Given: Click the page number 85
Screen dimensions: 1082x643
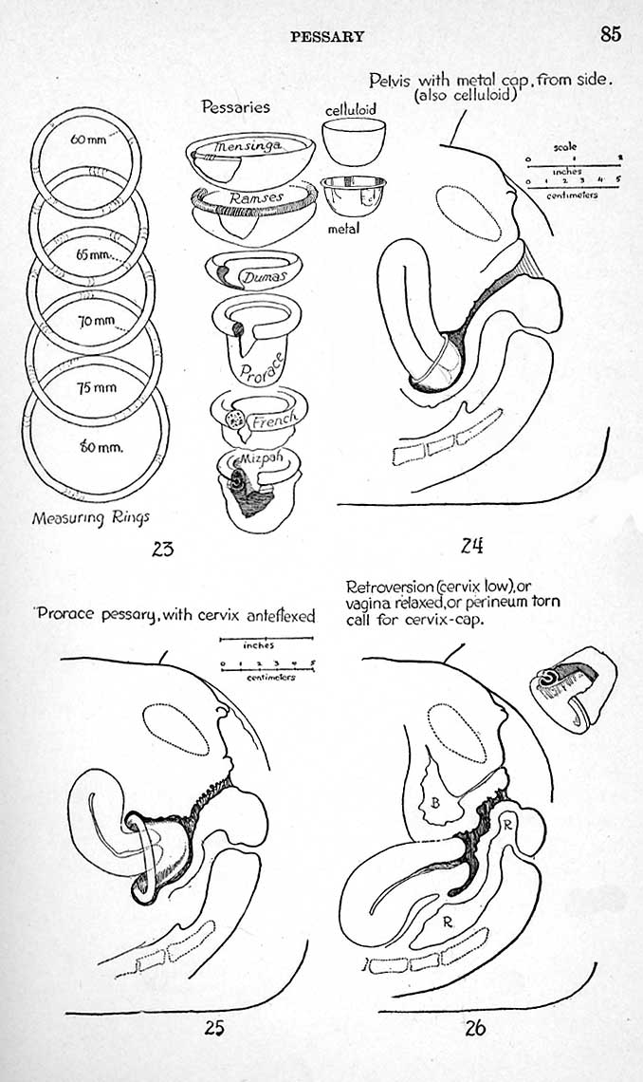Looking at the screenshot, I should pyautogui.click(x=610, y=34).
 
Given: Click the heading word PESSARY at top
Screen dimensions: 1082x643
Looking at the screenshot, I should pyautogui.click(x=327, y=37).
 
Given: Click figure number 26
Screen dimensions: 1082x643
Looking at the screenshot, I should pyautogui.click(x=475, y=1027).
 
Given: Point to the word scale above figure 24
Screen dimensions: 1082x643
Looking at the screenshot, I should pyautogui.click(x=567, y=147).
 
